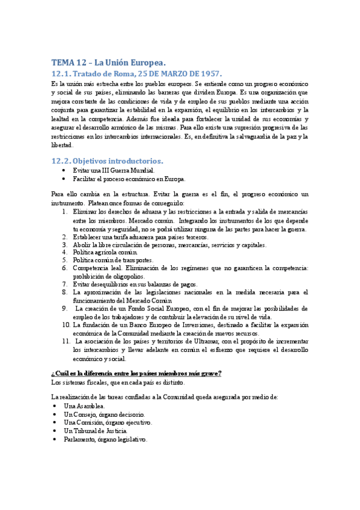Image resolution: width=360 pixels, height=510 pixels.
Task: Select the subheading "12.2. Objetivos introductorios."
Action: pyautogui.click(x=107, y=161)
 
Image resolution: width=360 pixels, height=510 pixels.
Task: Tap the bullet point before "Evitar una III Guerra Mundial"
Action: pyautogui.click(x=65, y=170)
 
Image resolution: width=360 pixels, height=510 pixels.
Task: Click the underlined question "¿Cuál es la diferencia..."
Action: pyautogui.click(x=136, y=373)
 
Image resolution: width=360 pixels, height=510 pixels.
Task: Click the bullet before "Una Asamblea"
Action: pyautogui.click(x=55, y=407)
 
